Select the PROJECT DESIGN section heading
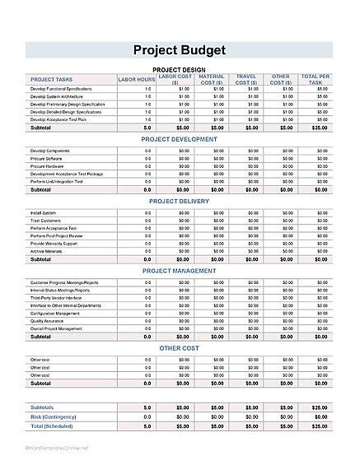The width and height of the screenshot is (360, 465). tap(179, 70)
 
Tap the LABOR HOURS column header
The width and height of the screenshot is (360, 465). tap(137, 79)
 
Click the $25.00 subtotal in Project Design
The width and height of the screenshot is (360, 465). tap(316, 128)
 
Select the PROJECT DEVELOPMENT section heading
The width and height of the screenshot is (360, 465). tap(179, 140)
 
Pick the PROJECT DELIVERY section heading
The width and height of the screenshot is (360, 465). tap(179, 201)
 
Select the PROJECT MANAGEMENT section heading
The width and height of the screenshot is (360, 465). tap(179, 270)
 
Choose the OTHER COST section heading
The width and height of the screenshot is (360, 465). tap(179, 348)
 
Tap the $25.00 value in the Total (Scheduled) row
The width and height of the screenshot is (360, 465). tap(316, 426)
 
